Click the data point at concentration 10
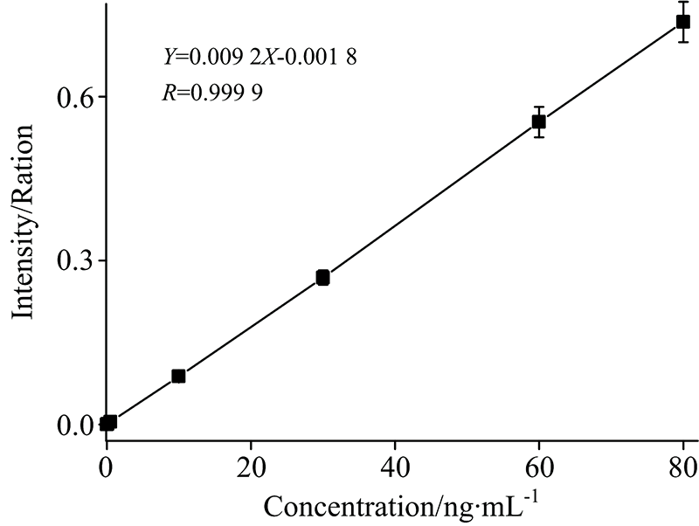coord(178,376)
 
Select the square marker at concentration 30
coord(322,277)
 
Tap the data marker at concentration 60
coord(539,121)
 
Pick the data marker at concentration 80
coord(683,22)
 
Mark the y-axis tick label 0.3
coord(76,260)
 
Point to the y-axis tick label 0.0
coord(76,425)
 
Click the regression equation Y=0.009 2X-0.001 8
coord(260,57)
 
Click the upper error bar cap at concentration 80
coord(683,2)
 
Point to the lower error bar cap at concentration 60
coord(539,137)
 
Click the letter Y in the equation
coord(169,57)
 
